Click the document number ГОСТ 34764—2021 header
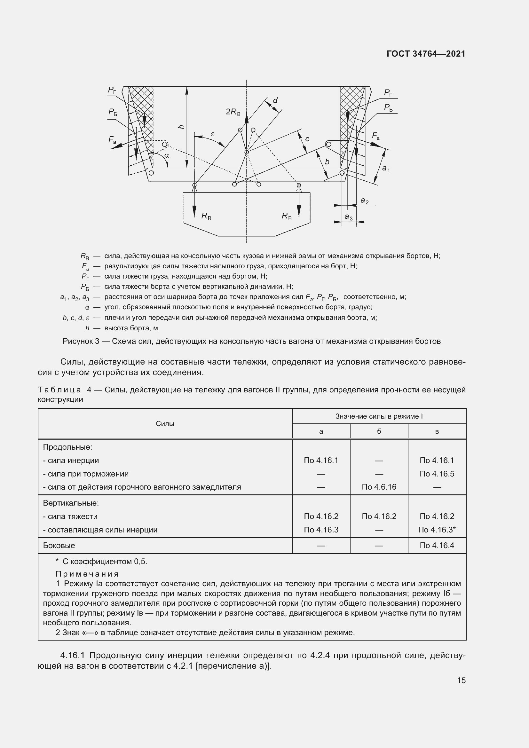pos(426,54)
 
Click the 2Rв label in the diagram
pos(233,112)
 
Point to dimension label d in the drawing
pos(275,100)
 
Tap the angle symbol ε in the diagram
pos(213,134)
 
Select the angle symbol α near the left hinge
pos(166,156)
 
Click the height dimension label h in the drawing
pos(182,126)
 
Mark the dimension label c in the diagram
pos(307,139)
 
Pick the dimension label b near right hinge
pos(327,162)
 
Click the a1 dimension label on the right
pos(386,169)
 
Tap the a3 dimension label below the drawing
pos(349,217)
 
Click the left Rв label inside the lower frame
pos(206,216)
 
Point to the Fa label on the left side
pos(112,140)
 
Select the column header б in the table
pos(379,431)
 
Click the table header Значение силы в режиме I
pos(379,416)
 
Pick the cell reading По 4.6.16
pos(379,487)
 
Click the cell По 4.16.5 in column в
pos(437,474)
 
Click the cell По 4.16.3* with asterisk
pos(437,530)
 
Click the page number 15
pos(461,680)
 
